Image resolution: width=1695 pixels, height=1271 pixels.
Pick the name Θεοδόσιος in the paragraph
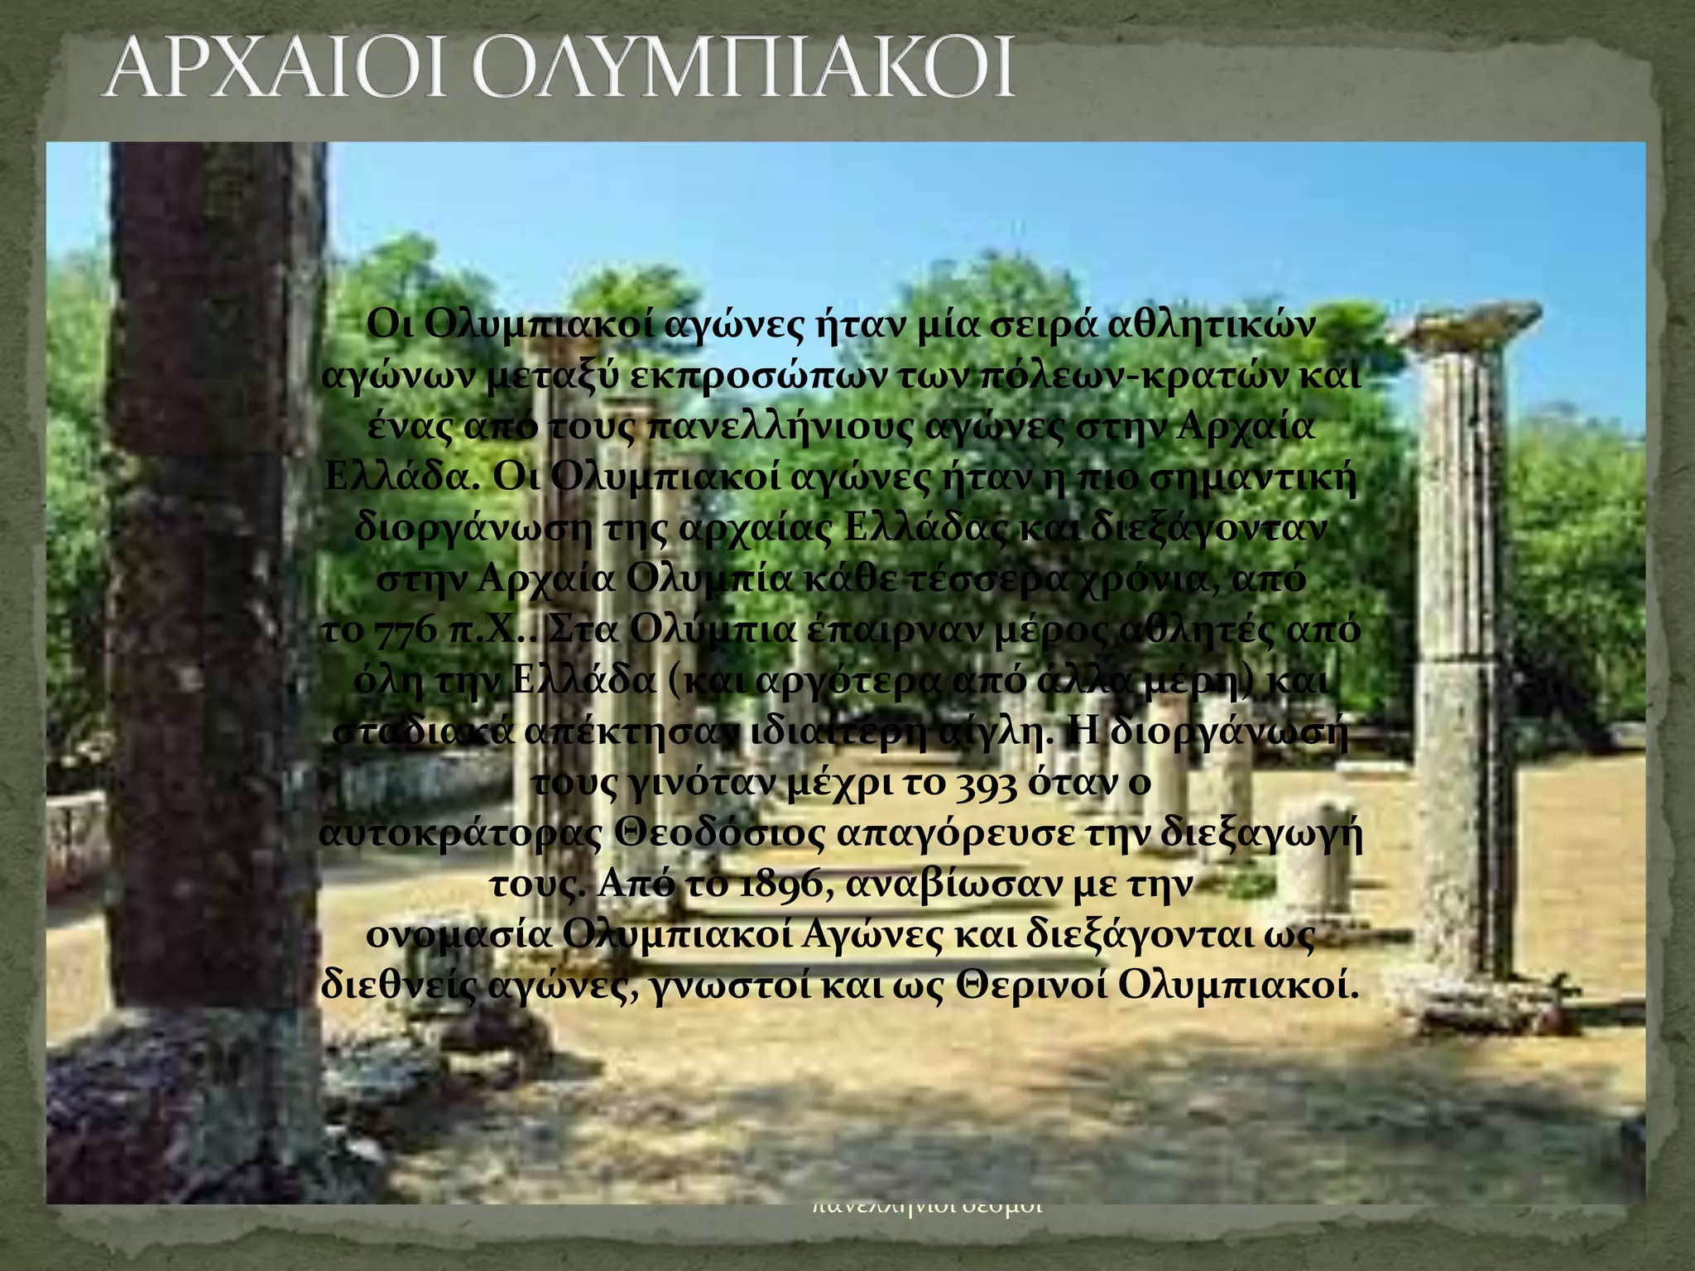pos(718,834)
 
